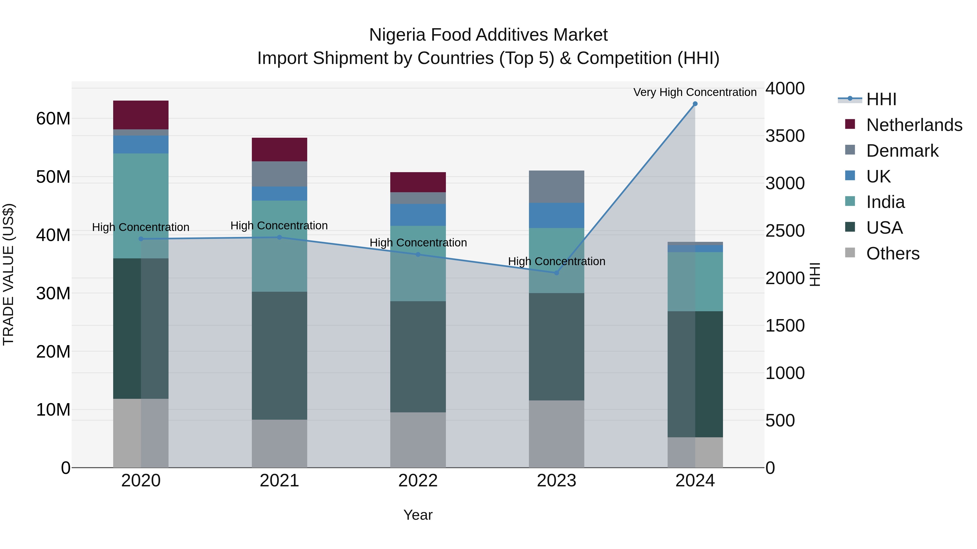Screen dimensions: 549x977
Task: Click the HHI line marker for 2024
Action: coord(695,104)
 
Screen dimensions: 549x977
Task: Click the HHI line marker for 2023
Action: coord(556,273)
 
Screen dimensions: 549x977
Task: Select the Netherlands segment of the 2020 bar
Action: coord(141,115)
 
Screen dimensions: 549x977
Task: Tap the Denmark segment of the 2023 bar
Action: coord(556,187)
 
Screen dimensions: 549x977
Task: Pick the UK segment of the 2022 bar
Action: coord(418,215)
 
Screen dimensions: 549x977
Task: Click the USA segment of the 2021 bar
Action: coord(280,355)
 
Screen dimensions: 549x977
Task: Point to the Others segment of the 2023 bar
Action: coord(556,434)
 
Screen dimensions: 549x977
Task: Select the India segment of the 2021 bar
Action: coord(280,246)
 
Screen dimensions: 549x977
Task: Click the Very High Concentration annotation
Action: coord(695,92)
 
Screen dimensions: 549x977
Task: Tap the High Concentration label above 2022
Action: coord(418,242)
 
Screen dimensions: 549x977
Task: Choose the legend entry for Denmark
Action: coord(902,151)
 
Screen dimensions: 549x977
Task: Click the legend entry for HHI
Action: coord(881,99)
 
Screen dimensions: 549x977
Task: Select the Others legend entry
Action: coord(892,253)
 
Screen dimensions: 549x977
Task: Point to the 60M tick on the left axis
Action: coord(53,118)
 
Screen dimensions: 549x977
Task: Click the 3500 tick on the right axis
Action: coord(785,136)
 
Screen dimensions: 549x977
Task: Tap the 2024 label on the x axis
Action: coord(695,481)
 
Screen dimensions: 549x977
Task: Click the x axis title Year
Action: coord(418,515)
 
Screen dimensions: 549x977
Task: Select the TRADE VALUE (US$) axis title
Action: coord(8,274)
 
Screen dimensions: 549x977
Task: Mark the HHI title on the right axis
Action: coord(815,274)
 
